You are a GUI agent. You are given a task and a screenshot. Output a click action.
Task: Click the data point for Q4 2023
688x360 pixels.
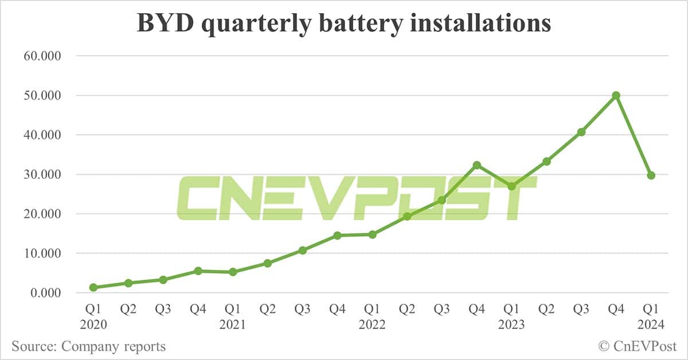tap(616, 95)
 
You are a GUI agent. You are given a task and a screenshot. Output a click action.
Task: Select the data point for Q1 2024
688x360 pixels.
tap(651, 175)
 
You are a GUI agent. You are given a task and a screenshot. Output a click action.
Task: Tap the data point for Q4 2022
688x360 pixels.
tap(476, 165)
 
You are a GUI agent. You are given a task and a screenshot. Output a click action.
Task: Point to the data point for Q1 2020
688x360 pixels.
tap(93, 287)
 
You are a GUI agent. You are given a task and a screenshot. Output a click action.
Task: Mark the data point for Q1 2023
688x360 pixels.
tap(511, 186)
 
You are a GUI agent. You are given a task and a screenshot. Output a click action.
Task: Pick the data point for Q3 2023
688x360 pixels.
tap(581, 132)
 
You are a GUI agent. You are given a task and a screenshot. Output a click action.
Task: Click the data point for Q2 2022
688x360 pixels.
tap(406, 216)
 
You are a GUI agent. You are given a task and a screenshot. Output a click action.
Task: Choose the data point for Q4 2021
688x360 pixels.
tap(337, 236)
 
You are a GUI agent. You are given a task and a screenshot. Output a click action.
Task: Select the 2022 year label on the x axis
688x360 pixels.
tap(372, 324)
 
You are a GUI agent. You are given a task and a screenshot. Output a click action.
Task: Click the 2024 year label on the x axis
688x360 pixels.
tap(651, 324)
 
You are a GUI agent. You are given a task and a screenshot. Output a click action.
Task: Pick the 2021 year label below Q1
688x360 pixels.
tap(233, 324)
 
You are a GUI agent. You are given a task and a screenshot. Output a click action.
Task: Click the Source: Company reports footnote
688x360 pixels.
tap(89, 346)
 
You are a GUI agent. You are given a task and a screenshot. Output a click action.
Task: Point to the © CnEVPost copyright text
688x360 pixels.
tap(637, 346)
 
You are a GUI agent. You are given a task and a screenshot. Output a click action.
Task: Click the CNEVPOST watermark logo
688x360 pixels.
tap(355, 198)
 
